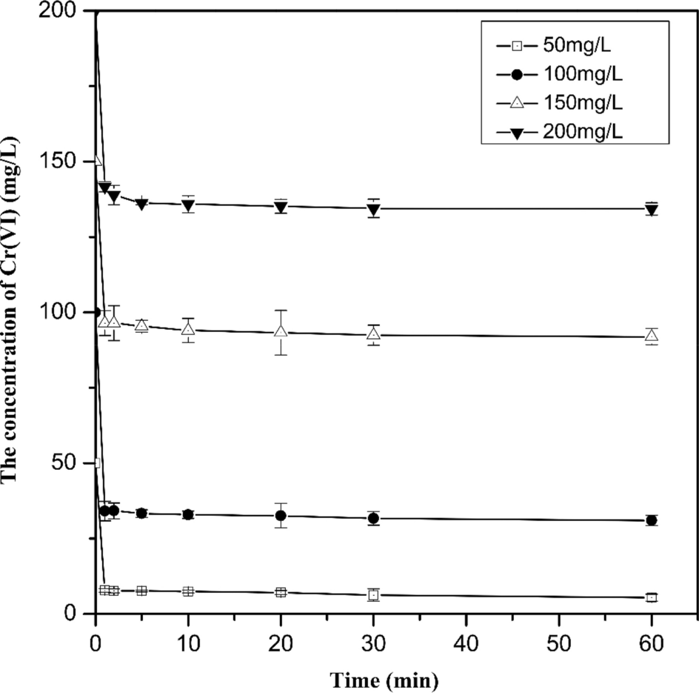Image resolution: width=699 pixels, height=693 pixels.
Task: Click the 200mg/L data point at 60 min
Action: (x=651, y=210)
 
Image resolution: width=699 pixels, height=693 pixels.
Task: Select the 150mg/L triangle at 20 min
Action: (x=281, y=331)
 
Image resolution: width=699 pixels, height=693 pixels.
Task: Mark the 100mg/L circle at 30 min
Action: (x=373, y=518)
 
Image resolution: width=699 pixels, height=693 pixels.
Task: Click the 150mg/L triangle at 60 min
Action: (x=651, y=336)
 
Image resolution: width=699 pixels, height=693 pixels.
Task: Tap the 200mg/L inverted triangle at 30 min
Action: (x=373, y=209)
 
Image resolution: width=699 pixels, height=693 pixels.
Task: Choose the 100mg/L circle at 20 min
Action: (x=281, y=515)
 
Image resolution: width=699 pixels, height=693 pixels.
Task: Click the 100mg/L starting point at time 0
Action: (x=96, y=312)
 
